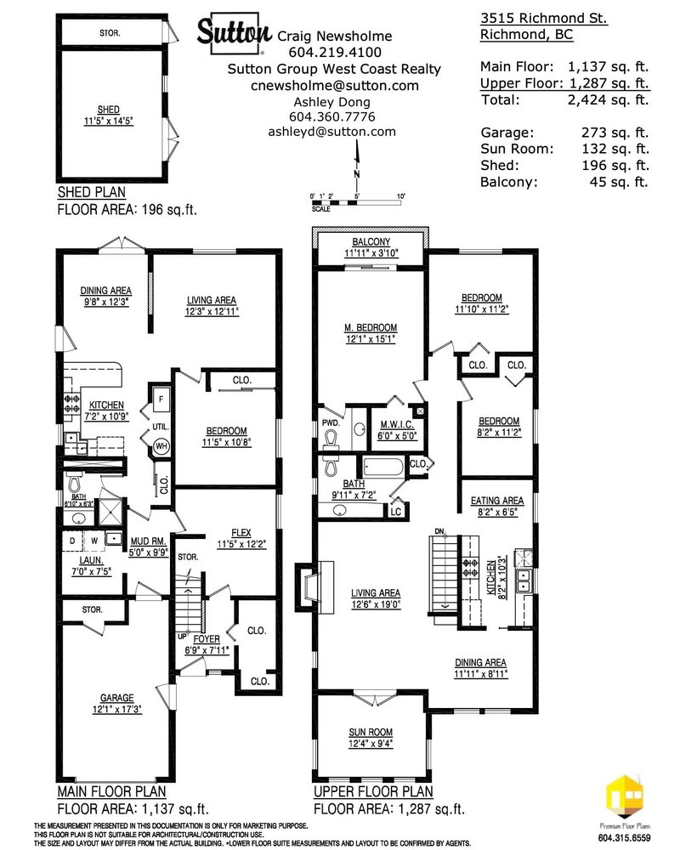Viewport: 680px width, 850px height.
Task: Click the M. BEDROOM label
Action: point(371,327)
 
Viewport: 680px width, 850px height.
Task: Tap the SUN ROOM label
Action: point(372,732)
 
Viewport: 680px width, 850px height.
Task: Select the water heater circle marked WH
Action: point(159,445)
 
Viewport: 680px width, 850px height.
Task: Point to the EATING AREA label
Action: point(497,501)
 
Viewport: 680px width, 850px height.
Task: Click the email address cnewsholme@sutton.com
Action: point(334,85)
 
